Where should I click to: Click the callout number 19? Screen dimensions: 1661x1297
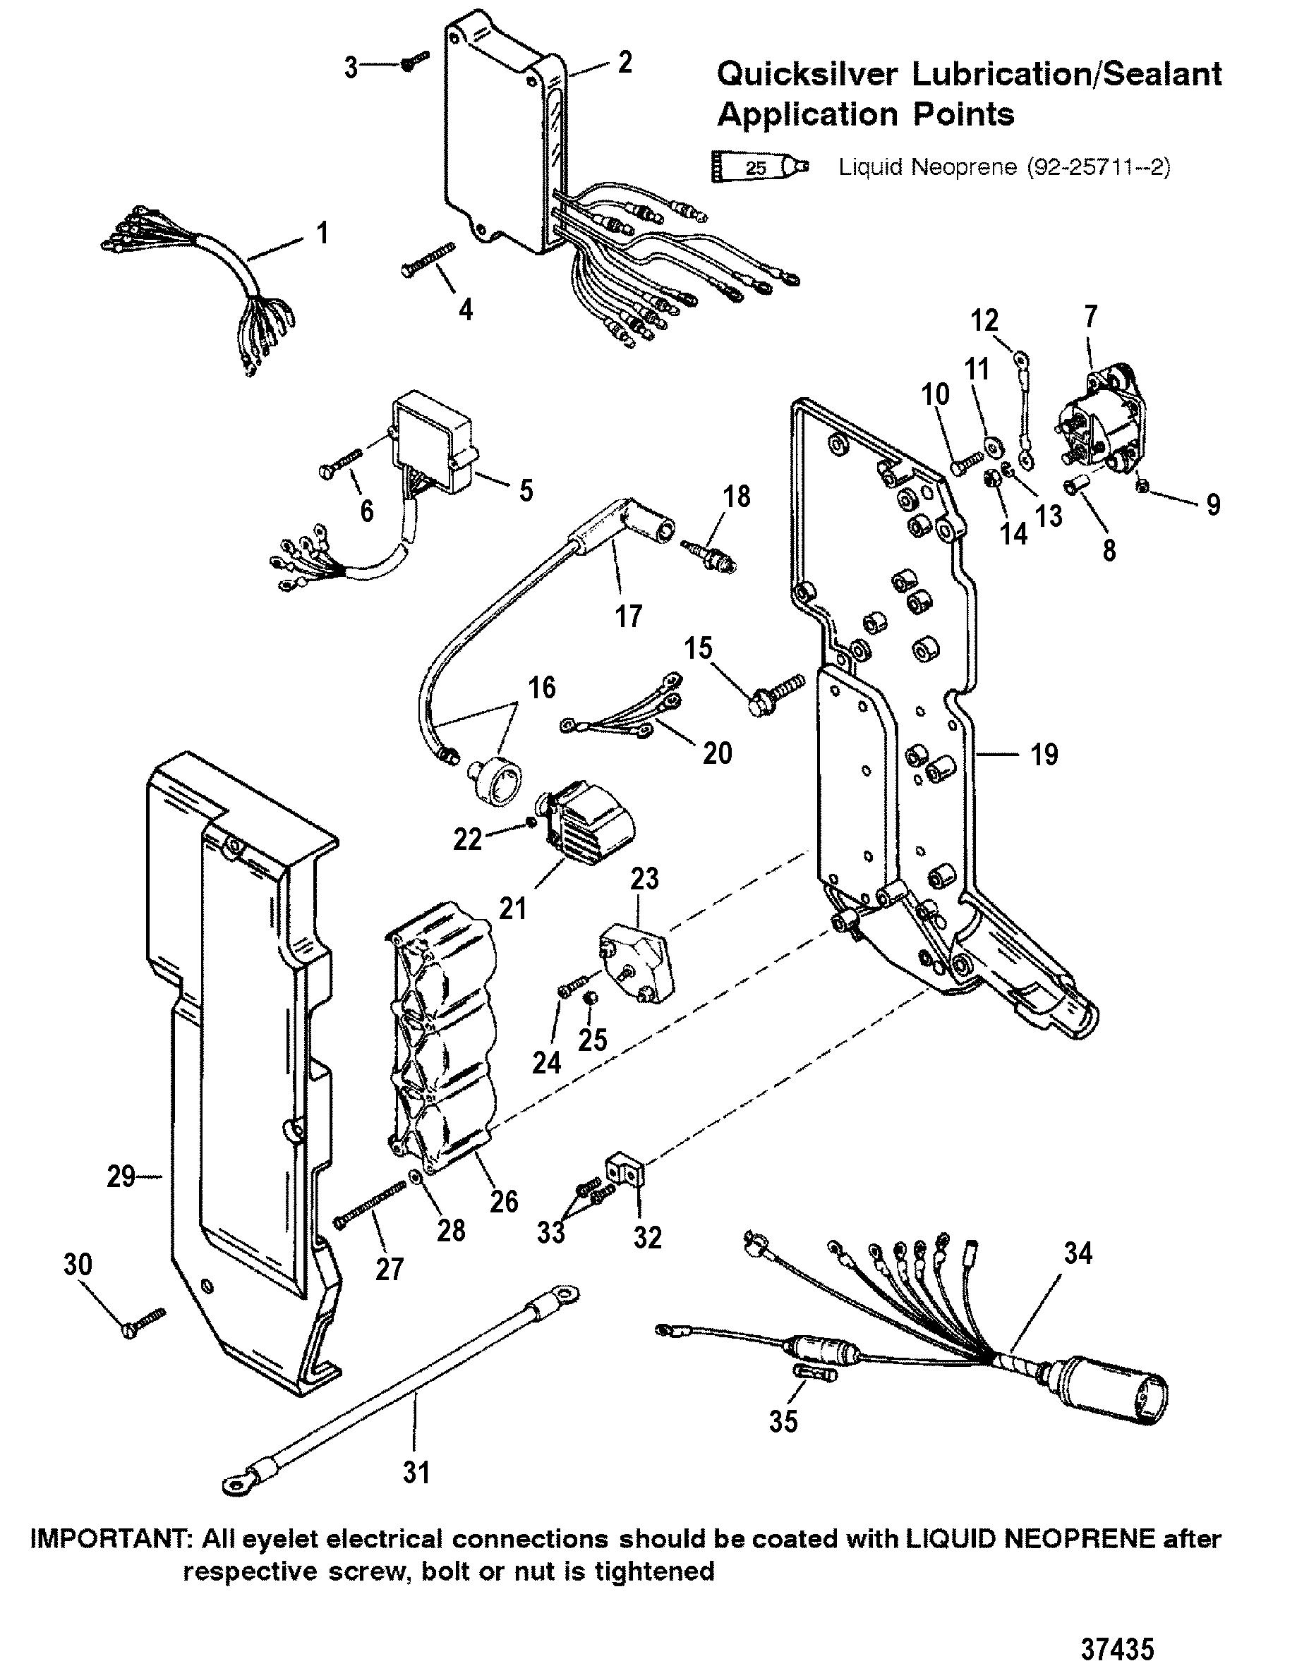tap(1044, 755)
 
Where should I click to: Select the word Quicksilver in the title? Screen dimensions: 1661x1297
tap(811, 74)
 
